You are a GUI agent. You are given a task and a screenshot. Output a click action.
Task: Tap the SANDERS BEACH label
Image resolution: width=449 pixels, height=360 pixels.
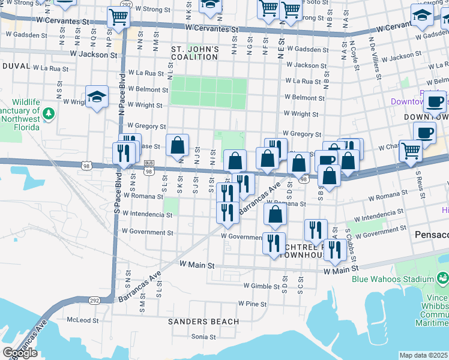pos(203,322)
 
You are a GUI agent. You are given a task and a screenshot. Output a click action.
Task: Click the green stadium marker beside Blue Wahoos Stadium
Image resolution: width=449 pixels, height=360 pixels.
pos(442,278)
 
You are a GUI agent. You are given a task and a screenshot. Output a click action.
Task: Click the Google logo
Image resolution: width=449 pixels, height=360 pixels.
pos(20,353)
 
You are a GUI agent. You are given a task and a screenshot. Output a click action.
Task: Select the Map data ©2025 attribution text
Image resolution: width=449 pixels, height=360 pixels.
pos(423,355)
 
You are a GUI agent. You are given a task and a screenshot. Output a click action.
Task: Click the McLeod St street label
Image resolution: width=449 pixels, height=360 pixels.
pos(81,320)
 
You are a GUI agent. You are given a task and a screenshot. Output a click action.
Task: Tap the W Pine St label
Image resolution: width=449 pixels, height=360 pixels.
pos(252,304)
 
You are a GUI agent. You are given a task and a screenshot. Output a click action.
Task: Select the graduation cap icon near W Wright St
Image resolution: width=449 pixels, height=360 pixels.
pos(96,97)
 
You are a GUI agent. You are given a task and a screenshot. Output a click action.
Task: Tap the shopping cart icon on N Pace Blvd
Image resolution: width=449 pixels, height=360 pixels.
pos(118,17)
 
